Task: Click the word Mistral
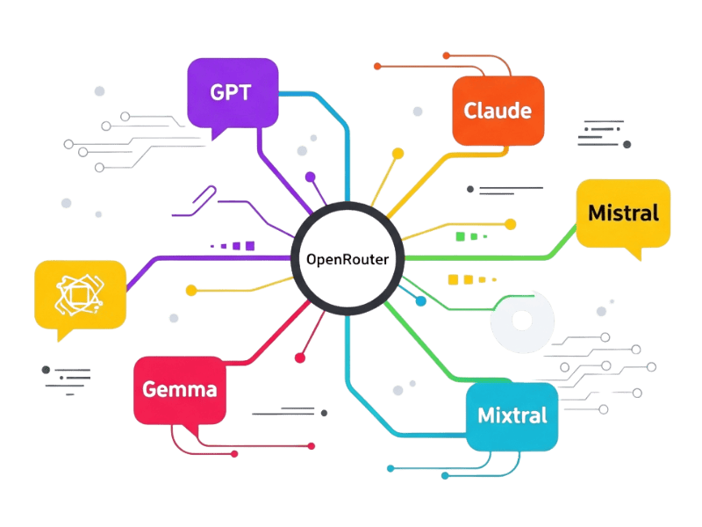coord(623,213)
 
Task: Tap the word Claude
coord(498,112)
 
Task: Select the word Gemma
coord(179,389)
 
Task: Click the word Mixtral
coord(512,415)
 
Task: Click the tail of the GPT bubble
coord(216,134)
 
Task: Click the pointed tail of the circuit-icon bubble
coord(61,336)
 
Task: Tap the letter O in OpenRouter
coord(312,259)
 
